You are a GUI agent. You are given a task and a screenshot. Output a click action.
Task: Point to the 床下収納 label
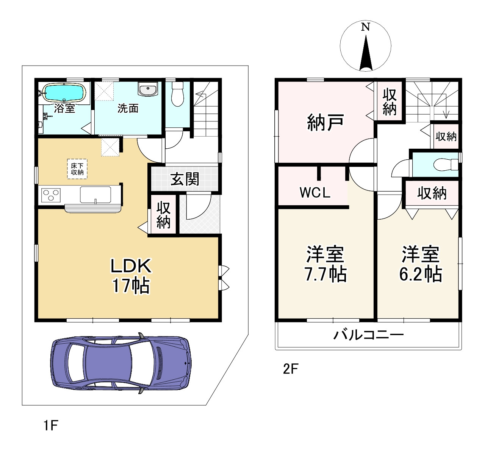tap(77, 169)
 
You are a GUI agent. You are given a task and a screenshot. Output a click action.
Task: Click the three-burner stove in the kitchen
tap(51, 195)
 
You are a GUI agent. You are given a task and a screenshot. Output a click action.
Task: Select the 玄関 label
tap(185, 179)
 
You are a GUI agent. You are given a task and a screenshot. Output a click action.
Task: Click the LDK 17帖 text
tap(131, 276)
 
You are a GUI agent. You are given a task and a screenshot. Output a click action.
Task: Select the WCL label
tap(315, 193)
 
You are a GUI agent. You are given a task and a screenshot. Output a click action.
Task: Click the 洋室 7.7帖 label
tap(325, 264)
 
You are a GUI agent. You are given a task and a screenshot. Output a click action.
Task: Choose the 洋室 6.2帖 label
tap(421, 264)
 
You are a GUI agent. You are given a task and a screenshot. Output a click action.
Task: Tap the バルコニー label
tap(368, 335)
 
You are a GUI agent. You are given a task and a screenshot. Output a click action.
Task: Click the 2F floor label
tap(291, 369)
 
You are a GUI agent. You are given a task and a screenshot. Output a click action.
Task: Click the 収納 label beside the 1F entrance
tap(163, 215)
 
